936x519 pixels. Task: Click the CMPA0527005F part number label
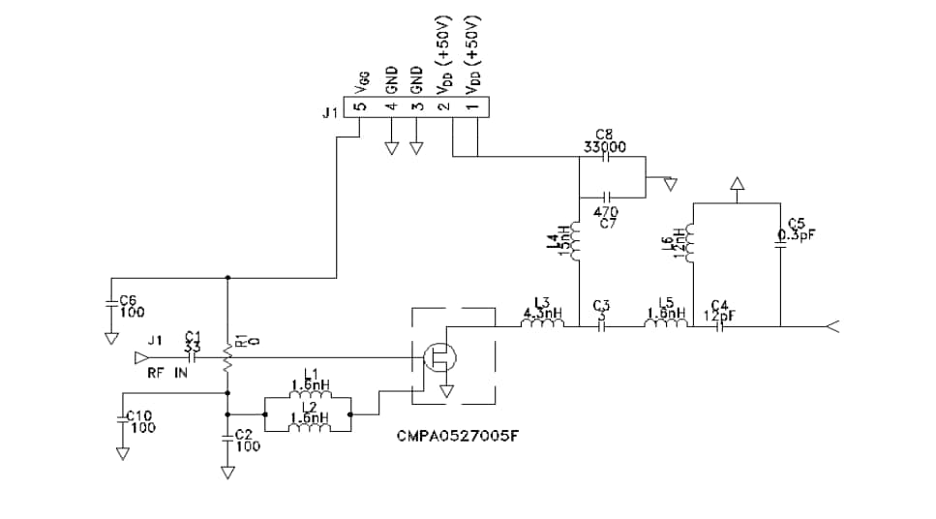(458, 436)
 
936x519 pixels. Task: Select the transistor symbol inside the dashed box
(440, 358)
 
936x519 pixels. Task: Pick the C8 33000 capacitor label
(605, 142)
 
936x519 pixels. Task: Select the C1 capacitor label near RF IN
(192, 341)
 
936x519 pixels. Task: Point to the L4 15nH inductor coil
(577, 243)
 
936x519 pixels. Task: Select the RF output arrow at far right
(831, 326)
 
